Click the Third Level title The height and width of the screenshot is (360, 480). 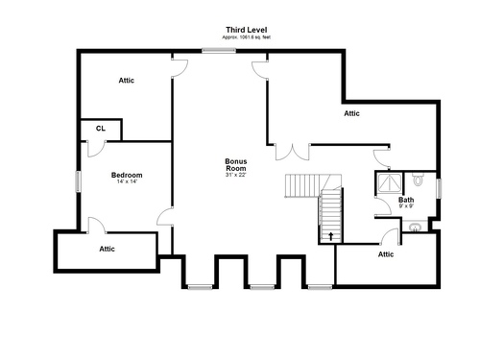pos(247,30)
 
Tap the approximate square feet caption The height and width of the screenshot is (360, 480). pos(247,37)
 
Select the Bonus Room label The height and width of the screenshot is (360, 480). pos(236,165)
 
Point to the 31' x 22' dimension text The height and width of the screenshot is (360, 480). pos(236,175)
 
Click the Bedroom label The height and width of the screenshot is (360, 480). pos(127,175)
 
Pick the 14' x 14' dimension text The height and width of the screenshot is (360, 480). pos(127,181)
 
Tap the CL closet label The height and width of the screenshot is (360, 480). pos(101,129)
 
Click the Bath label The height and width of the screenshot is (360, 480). pos(406,200)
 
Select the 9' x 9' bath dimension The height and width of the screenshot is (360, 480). pos(406,206)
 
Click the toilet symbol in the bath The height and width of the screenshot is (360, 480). pos(418,180)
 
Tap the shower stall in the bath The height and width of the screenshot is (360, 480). pos(389,183)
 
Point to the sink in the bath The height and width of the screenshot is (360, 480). pos(415,228)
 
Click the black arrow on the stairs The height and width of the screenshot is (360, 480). pos(331,236)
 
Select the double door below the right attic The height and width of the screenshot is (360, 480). pos(293,152)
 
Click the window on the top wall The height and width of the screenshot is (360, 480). pos(219,50)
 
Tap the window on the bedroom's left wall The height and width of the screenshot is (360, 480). pos(78,181)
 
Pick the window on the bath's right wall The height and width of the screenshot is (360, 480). pos(440,188)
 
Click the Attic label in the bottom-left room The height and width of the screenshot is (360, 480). pos(107,249)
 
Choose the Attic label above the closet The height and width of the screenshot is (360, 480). pos(127,81)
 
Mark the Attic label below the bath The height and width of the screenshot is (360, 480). pos(386,254)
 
